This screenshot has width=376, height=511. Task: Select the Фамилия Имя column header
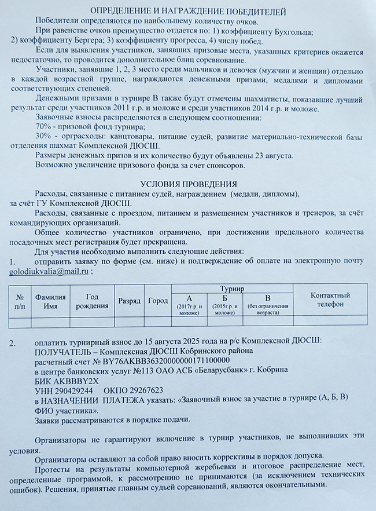coord(51,301)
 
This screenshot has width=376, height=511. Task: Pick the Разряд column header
coord(129,301)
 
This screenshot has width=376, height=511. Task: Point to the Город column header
coord(157,301)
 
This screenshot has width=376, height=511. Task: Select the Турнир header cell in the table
coord(232,288)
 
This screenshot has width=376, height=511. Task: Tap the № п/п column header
coord(20,301)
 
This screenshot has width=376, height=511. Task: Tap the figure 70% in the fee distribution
coord(44,126)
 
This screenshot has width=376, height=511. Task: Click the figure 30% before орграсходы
coord(44,136)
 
